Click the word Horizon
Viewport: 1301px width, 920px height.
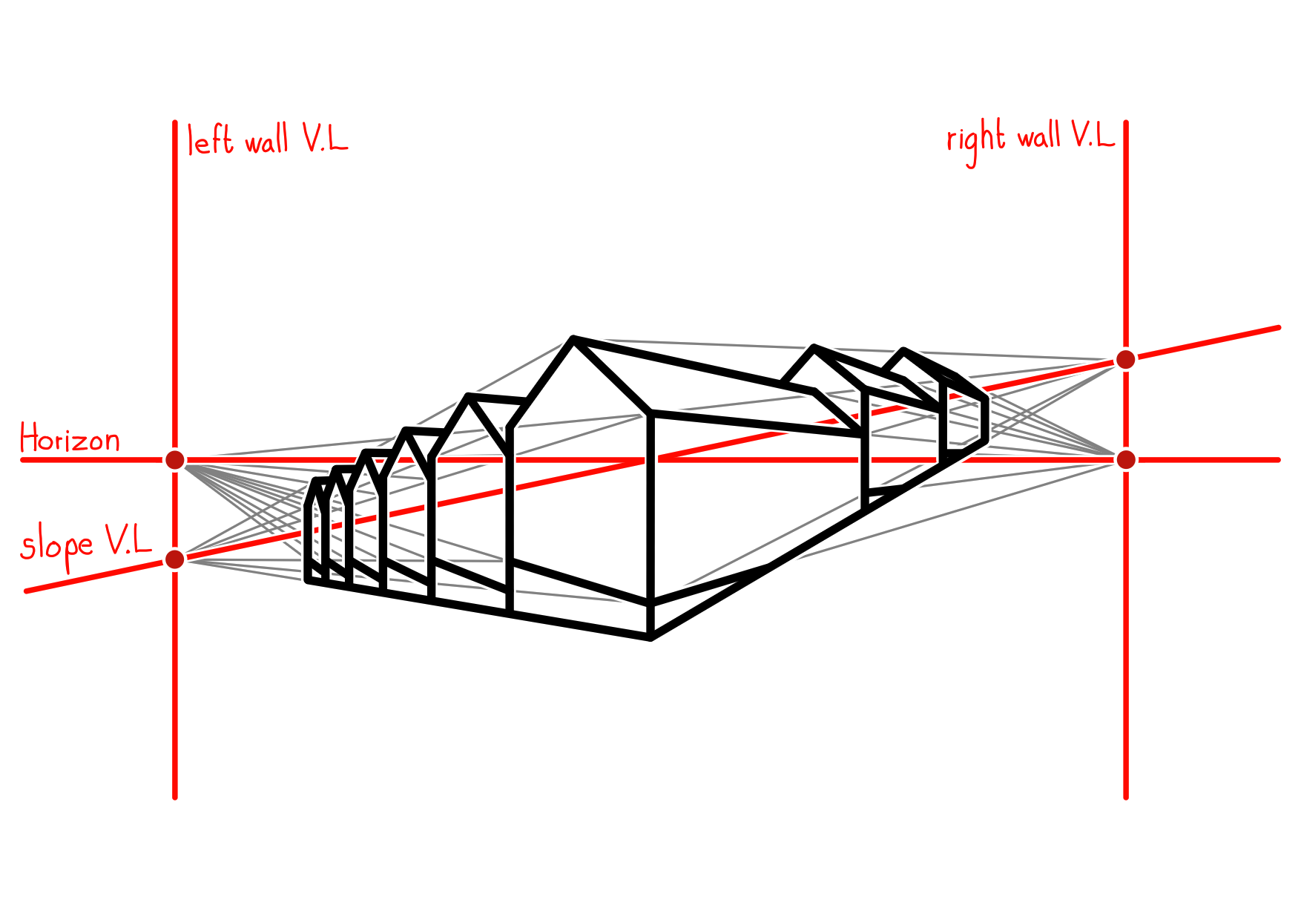point(70,438)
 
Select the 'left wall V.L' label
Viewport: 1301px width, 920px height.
point(267,139)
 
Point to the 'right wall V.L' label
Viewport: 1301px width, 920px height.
point(1030,141)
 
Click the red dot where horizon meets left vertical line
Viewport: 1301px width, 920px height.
point(175,460)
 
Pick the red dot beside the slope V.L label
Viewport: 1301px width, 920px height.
point(175,559)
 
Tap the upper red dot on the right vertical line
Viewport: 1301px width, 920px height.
point(1126,360)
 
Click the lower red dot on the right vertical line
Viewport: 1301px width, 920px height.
point(1126,460)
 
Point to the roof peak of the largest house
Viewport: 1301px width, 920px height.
point(573,338)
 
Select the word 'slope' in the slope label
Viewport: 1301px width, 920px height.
point(57,548)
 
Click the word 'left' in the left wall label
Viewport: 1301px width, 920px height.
point(210,140)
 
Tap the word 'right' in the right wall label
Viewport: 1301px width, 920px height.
point(976,142)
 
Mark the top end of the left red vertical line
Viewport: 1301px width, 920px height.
point(175,122)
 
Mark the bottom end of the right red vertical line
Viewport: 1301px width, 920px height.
point(1126,798)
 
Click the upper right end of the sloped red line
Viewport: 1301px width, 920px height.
point(1279,327)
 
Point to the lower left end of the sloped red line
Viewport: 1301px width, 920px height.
point(27,591)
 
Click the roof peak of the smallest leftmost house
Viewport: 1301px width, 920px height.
point(317,481)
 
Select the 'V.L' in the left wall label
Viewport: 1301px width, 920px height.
point(325,137)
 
